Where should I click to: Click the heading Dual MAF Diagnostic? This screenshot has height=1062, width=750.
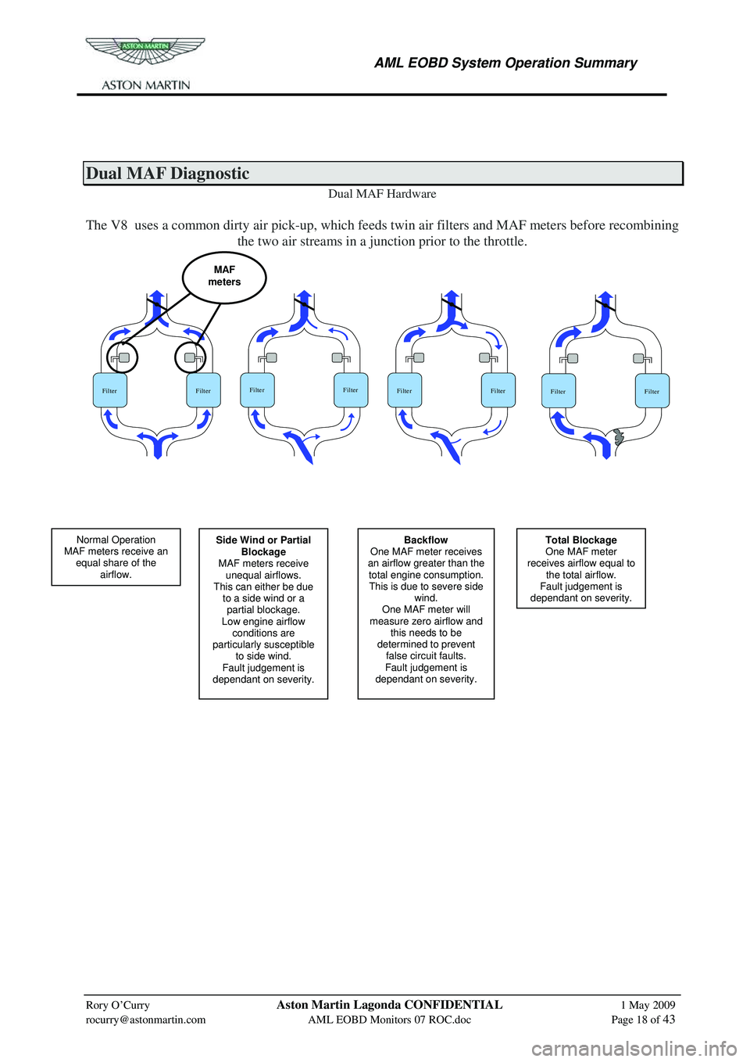pos(168,174)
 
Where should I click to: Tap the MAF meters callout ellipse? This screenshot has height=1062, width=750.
pos(224,277)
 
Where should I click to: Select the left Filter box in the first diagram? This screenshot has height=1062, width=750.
pos(110,390)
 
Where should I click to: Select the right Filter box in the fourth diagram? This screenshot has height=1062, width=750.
pos(652,391)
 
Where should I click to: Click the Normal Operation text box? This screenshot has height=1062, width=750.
pos(116,557)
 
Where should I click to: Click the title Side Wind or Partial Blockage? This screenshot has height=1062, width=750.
pos(263,546)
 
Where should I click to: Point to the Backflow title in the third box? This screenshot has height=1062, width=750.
pos(426,540)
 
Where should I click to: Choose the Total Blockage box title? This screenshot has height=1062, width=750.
pos(580,540)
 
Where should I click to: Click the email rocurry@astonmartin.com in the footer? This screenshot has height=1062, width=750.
pos(145,1020)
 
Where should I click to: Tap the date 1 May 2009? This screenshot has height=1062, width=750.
pos(648,1006)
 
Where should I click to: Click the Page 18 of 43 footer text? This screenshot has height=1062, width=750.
pos(643,1020)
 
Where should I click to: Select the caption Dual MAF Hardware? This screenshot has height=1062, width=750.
pos(382,194)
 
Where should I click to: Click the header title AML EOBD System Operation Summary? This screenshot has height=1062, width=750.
pos(505,63)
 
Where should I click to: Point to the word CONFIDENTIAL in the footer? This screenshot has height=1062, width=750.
pos(453,1005)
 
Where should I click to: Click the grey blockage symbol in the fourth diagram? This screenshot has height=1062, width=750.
pos(619,437)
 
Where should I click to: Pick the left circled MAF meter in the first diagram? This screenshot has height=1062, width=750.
pos(123,357)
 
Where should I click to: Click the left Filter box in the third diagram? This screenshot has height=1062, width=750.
pos(405,390)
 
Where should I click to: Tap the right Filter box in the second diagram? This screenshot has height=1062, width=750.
pos(351,389)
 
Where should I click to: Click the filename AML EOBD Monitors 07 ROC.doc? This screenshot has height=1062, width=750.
pos(389,1020)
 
